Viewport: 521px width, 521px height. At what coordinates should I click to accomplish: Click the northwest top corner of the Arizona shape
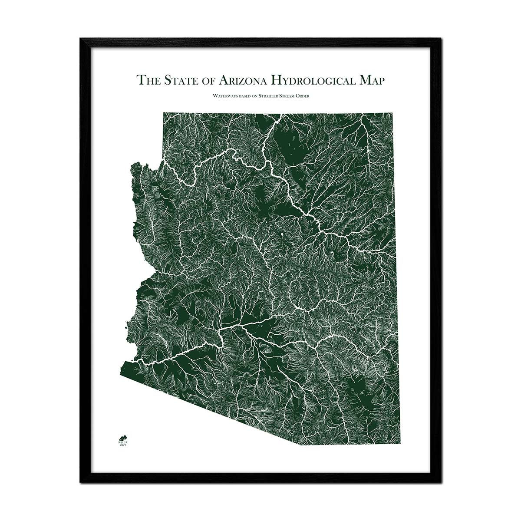pyautogui.click(x=164, y=113)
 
